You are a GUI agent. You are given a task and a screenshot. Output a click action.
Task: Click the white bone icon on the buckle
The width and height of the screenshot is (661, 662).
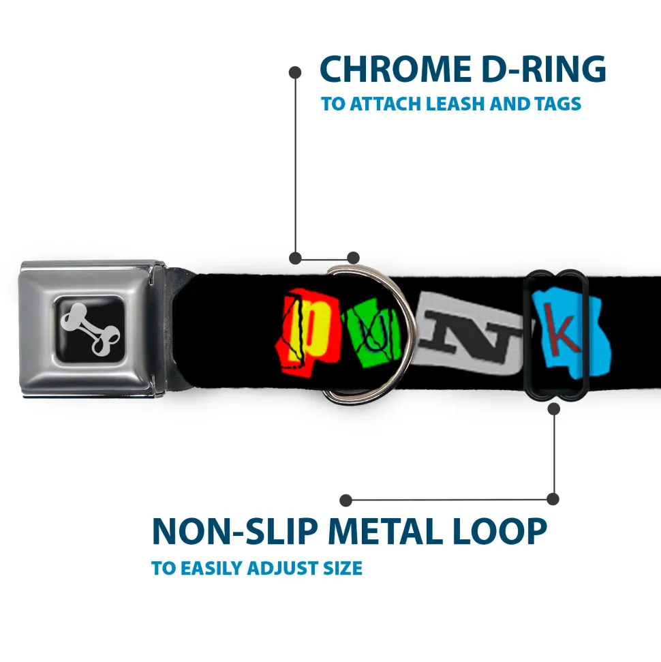pyautogui.click(x=90, y=329)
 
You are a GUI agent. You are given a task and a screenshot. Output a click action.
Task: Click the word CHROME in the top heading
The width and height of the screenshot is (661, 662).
pyautogui.click(x=395, y=70)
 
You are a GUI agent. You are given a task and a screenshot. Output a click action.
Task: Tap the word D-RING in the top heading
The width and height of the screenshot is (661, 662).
pyautogui.click(x=544, y=70)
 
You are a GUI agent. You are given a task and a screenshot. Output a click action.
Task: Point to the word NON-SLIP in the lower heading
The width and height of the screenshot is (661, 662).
pyautogui.click(x=234, y=532)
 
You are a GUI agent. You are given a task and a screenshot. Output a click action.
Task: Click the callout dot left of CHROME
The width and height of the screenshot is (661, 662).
pyautogui.click(x=295, y=73)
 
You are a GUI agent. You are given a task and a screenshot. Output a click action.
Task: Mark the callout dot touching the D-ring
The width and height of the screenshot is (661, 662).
pyautogui.click(x=353, y=258)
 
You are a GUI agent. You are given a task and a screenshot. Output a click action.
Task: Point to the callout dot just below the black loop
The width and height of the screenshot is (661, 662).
pyautogui.click(x=554, y=408)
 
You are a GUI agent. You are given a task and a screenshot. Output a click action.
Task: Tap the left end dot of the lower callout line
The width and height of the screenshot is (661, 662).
pyautogui.click(x=345, y=500)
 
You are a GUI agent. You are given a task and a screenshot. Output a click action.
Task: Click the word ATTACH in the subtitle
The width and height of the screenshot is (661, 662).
pyautogui.click(x=386, y=104)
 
